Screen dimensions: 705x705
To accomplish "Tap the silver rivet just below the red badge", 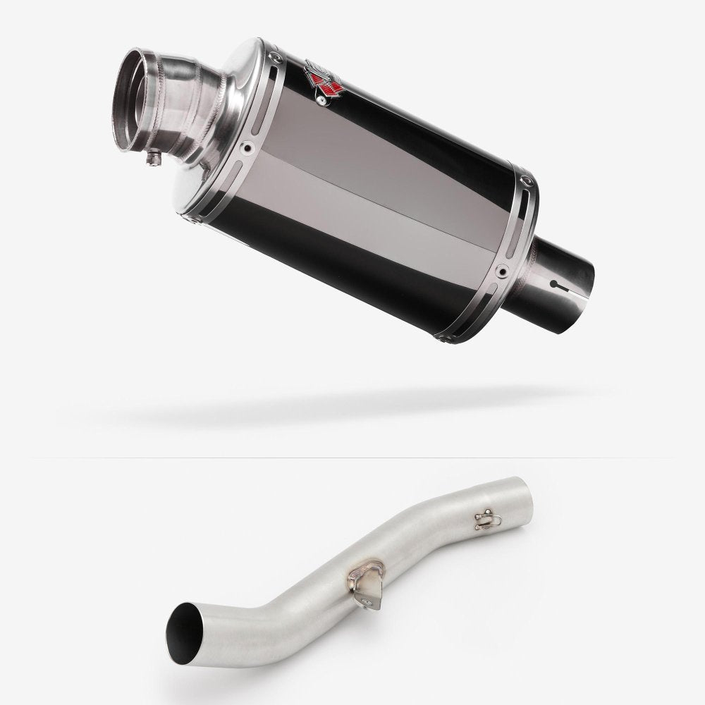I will [x=324, y=101].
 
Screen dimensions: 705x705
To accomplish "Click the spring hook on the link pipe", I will [x=485, y=520].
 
